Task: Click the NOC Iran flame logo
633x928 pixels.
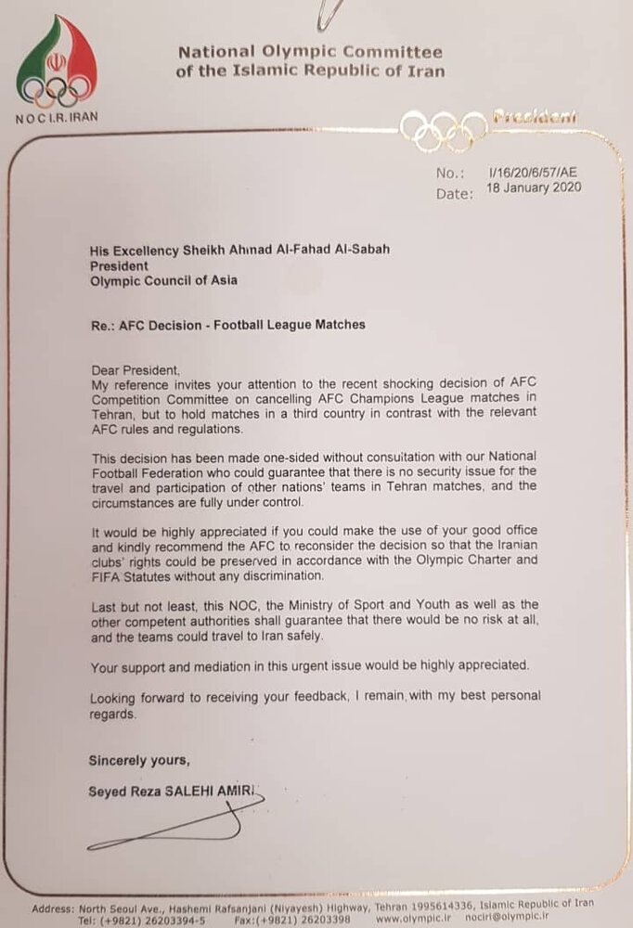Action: [56, 63]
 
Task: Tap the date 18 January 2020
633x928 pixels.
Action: [536, 187]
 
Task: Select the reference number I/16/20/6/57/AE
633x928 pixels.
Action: [535, 172]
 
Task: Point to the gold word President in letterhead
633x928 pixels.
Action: [535, 117]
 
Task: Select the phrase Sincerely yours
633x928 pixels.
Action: [139, 760]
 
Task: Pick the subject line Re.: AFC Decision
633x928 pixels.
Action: [226, 325]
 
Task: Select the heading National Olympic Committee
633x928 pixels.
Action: [310, 53]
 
